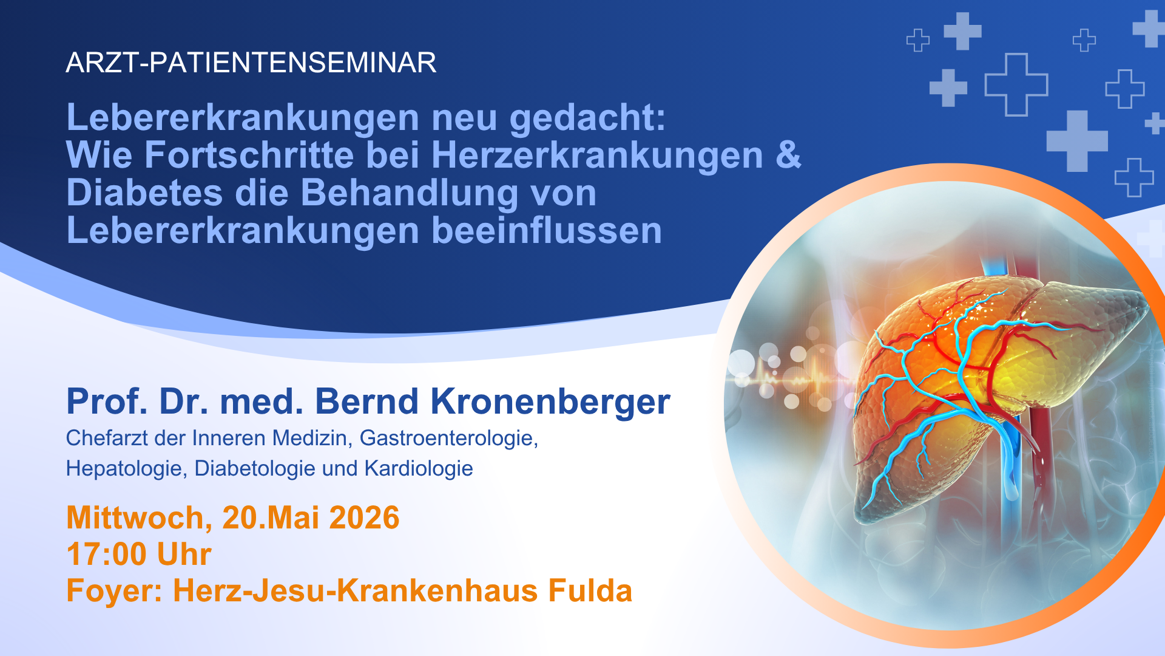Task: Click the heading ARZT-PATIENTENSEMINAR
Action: point(251,63)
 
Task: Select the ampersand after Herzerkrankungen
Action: point(788,155)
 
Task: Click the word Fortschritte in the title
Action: point(249,155)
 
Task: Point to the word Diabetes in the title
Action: point(144,193)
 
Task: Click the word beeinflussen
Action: point(547,231)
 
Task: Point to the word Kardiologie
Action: point(419,468)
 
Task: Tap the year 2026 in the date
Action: point(364,518)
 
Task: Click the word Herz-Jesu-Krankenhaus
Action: point(356,591)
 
